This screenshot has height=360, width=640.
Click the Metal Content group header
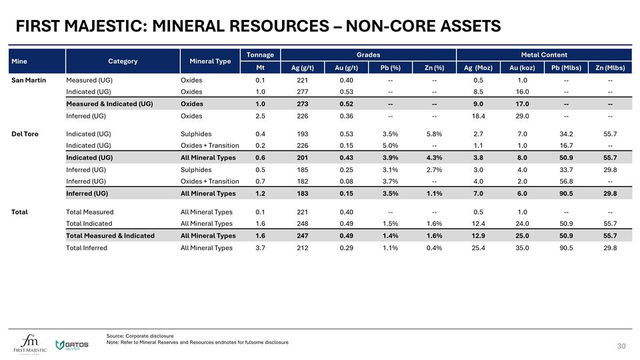(544, 55)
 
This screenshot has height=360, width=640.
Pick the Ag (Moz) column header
(478, 67)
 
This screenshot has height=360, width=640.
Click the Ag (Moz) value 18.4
(478, 116)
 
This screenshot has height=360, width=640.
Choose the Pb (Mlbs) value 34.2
(566, 134)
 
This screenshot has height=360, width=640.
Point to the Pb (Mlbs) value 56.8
(566, 182)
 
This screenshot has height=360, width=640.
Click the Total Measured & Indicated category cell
(110, 236)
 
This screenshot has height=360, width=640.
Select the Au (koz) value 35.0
(522, 248)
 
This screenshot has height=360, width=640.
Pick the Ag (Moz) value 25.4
(478, 248)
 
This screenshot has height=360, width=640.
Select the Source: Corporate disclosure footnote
(140, 335)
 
